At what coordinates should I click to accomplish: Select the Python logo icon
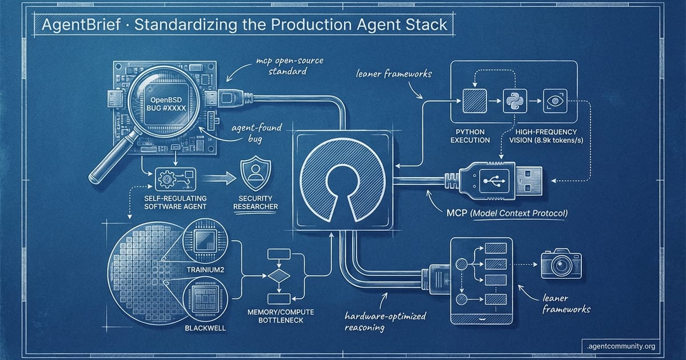click(511, 101)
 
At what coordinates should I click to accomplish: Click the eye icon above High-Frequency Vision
click(553, 100)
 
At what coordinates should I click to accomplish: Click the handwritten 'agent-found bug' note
click(257, 134)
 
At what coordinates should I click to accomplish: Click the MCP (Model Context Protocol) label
click(505, 213)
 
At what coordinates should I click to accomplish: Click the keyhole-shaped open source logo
click(340, 182)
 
